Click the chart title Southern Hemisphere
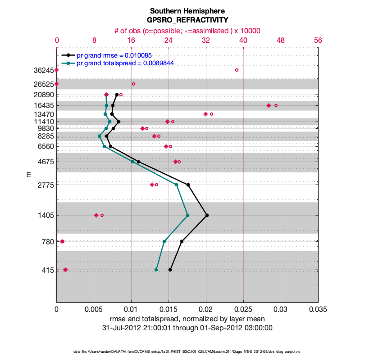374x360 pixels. click(187, 11)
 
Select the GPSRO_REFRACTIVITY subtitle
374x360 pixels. click(187, 20)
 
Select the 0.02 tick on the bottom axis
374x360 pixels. click(206, 310)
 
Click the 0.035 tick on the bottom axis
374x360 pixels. click(318, 310)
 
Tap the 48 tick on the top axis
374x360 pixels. click(281, 40)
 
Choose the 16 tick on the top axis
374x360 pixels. click(131, 40)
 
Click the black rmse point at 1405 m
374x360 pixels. click(207, 215)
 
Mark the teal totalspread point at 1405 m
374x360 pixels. click(187, 215)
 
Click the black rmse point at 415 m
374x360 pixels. click(170, 270)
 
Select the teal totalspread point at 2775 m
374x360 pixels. click(176, 184)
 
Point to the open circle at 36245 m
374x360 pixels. click(237, 70)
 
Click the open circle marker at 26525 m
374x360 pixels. click(133, 84)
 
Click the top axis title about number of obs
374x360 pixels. click(187, 31)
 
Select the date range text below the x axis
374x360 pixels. click(187, 328)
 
